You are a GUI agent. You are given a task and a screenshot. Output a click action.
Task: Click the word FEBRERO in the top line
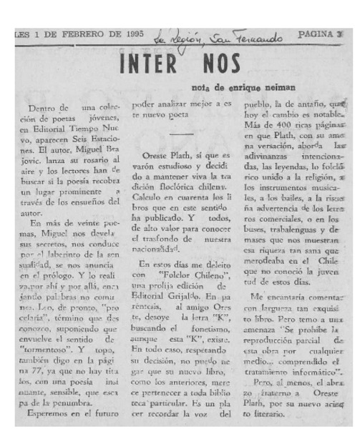tap(74, 33)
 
